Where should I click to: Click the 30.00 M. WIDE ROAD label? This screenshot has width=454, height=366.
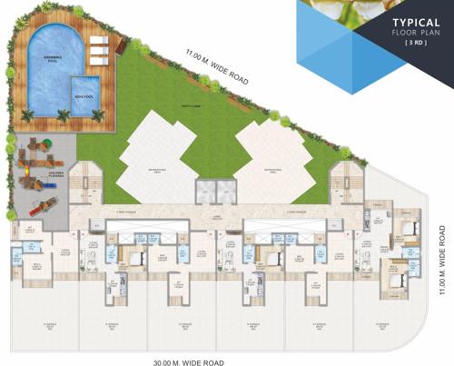188,361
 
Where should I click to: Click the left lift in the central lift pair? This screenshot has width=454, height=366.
206,190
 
